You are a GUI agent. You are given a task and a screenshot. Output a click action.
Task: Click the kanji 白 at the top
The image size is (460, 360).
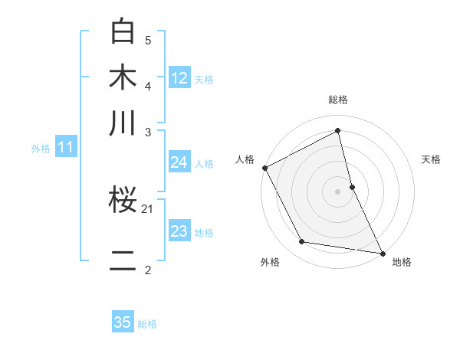pyautogui.click(x=123, y=31)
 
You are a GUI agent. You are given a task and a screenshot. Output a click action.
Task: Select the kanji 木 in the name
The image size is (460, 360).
pyautogui.click(x=123, y=78)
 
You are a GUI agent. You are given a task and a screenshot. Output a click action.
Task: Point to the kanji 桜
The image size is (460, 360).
pyautogui.click(x=123, y=201)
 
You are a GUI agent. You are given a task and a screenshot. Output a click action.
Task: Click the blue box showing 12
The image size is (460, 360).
pyautogui.click(x=179, y=78)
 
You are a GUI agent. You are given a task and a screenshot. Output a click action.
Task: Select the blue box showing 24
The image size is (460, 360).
pyautogui.click(x=179, y=162)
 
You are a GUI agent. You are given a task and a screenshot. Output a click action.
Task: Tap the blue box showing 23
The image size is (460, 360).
pyautogui.click(x=179, y=231)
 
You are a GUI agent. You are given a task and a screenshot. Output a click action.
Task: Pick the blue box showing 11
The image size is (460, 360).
pyautogui.click(x=66, y=148)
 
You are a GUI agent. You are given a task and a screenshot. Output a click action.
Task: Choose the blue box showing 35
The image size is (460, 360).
pyautogui.click(x=123, y=322)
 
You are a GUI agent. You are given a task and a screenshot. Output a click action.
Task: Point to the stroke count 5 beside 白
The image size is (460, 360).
pyautogui.click(x=148, y=40)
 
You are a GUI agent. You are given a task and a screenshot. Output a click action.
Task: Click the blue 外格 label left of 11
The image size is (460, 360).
pyautogui.click(x=41, y=149)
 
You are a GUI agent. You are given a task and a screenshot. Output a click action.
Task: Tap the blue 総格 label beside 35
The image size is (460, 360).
pyautogui.click(x=147, y=323)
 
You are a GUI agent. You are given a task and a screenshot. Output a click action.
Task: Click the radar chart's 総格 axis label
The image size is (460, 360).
pyautogui.click(x=338, y=100)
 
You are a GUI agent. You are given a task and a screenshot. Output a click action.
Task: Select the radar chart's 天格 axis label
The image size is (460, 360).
pyautogui.click(x=431, y=159)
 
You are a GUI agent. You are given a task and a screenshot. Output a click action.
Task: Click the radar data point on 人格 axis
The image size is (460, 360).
pyautogui.click(x=265, y=168)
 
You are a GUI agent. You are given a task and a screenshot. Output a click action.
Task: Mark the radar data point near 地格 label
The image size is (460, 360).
pyautogui.click(x=382, y=252)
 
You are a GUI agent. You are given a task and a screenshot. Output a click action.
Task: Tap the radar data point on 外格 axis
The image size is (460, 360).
pyautogui.click(x=302, y=242)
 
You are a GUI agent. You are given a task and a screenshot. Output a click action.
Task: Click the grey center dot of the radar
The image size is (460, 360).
pyautogui.click(x=338, y=191)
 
